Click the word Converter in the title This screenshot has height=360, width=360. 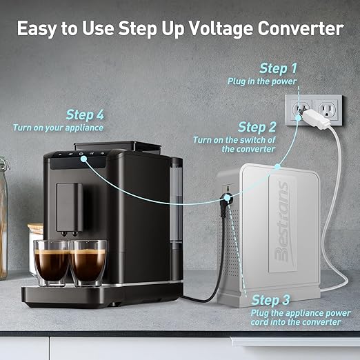[301, 28]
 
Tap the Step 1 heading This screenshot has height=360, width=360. [278, 69]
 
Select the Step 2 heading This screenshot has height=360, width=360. [257, 127]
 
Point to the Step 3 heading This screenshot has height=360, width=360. [270, 300]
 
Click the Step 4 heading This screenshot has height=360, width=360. [85, 114]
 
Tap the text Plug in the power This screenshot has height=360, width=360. [262, 81]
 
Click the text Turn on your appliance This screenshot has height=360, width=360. [58, 128]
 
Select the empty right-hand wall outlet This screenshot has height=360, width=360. [327, 110]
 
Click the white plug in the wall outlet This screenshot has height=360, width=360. [316, 119]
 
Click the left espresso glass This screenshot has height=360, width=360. [52, 263]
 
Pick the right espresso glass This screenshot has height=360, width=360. [88, 263]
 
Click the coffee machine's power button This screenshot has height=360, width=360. [81, 154]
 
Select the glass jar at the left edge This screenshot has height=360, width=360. [4, 219]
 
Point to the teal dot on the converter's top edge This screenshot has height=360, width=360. [277, 166]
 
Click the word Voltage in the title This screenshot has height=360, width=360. [221, 29]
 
